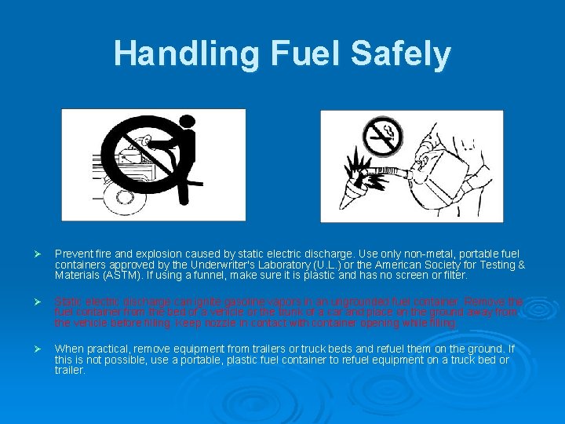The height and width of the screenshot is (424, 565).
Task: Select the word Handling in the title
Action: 185,53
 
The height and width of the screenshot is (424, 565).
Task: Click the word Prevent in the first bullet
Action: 72,254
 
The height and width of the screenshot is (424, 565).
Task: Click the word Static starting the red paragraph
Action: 67,301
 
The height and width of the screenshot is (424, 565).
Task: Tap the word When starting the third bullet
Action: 68,348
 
